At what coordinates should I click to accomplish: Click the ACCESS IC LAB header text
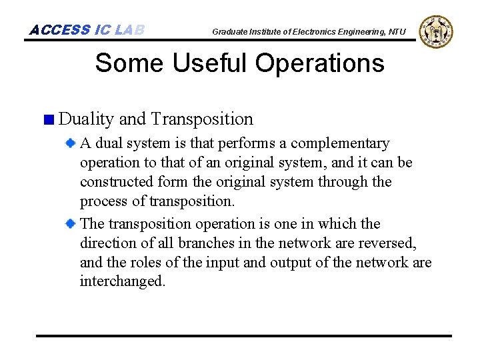click(x=87, y=30)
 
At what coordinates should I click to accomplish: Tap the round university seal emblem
click(x=437, y=31)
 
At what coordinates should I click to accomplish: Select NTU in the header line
click(x=397, y=31)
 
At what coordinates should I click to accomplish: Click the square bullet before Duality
click(x=47, y=121)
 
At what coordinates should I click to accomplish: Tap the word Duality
click(x=86, y=119)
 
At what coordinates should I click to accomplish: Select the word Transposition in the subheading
click(x=202, y=119)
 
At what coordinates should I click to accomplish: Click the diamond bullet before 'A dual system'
click(x=70, y=143)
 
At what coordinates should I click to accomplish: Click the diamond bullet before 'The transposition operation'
click(x=70, y=223)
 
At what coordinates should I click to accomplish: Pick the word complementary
click(x=340, y=143)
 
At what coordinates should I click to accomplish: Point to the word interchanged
click(x=122, y=281)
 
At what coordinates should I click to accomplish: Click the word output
click(x=289, y=262)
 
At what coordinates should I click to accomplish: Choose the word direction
click(x=109, y=243)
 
